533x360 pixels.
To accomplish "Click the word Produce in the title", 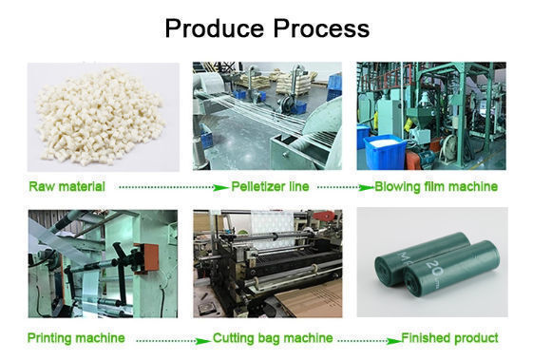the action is pyautogui.click(x=215, y=28).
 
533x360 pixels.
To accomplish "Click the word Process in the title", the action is pyautogui.click(x=321, y=28).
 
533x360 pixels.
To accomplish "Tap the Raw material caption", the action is pyautogui.click(x=67, y=186).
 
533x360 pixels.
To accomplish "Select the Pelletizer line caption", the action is pyautogui.click(x=270, y=186).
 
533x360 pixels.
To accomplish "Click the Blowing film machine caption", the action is pyautogui.click(x=436, y=186).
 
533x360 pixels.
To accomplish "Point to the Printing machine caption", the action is pyautogui.click(x=76, y=338).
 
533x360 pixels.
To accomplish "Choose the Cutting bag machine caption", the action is pyautogui.click(x=273, y=338).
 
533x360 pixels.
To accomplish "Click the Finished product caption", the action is pyautogui.click(x=449, y=338).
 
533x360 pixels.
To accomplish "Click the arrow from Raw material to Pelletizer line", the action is pyautogui.click(x=173, y=187).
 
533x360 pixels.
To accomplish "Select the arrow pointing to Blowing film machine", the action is pyautogui.click(x=346, y=187).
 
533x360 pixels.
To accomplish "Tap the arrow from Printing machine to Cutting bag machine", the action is pyautogui.click(x=173, y=340).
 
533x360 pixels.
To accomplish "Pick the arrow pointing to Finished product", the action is pyautogui.click(x=370, y=340).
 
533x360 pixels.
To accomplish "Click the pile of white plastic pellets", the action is pyautogui.click(x=101, y=116).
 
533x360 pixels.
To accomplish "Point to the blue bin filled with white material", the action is pyautogui.click(x=385, y=151).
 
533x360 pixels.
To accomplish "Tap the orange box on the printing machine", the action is pyautogui.click(x=148, y=257).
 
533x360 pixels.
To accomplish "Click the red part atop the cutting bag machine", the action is pyautogui.click(x=324, y=216).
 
